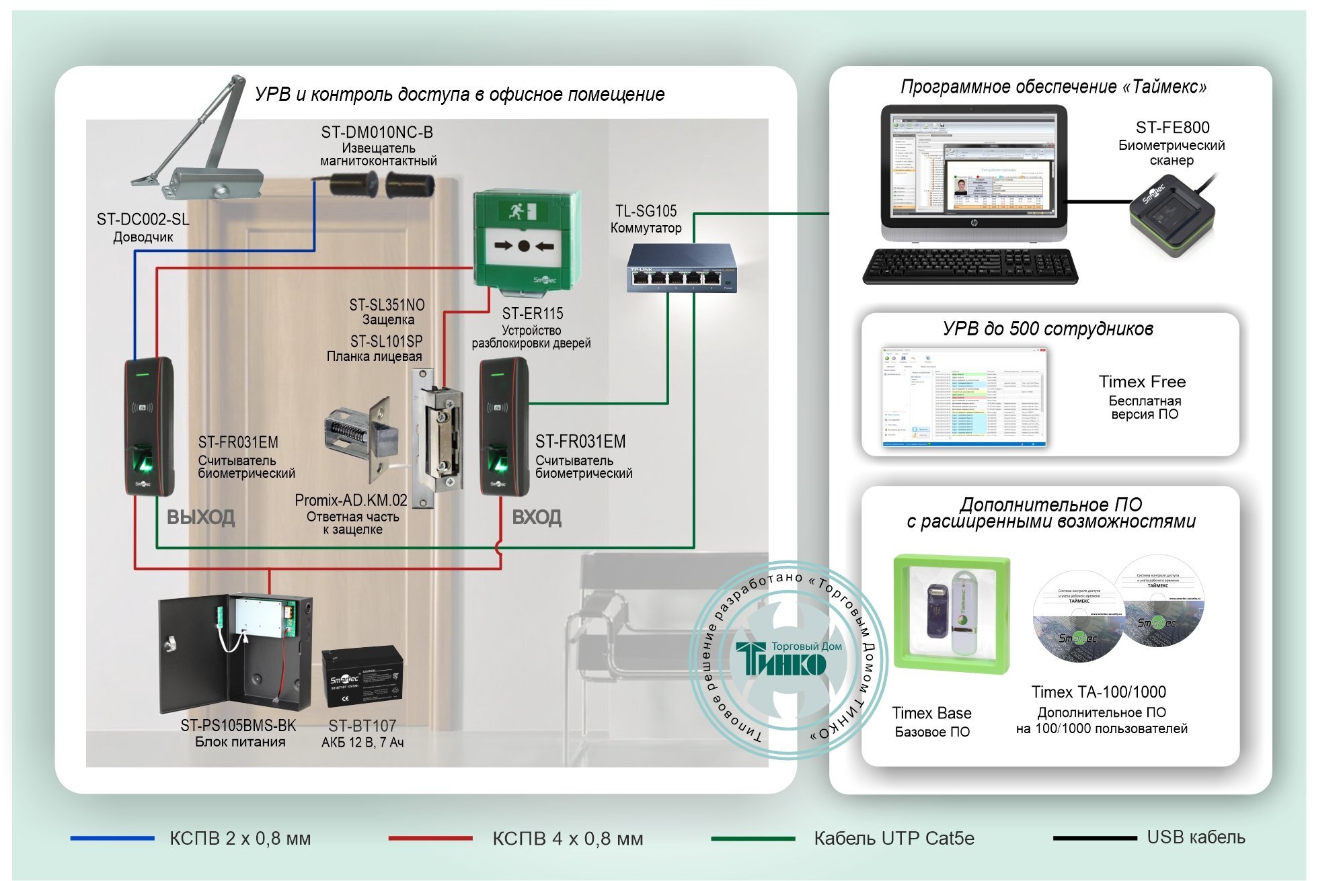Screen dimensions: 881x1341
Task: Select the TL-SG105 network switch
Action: pyautogui.click(x=681, y=269)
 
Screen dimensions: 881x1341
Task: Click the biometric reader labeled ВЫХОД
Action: pyautogui.click(x=149, y=427)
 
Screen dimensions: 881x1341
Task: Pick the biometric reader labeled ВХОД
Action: pyautogui.click(x=504, y=427)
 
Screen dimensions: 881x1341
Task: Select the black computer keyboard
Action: pyautogui.click(x=970, y=266)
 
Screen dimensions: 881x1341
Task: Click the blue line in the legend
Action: pyautogui.click(x=112, y=838)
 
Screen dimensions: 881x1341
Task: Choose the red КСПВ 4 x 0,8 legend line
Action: pyautogui.click(x=430, y=838)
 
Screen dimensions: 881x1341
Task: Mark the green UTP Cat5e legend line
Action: pyautogui.click(x=753, y=838)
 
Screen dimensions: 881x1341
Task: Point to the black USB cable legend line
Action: pyautogui.click(x=1094, y=838)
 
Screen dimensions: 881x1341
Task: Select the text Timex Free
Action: pyautogui.click(x=1142, y=382)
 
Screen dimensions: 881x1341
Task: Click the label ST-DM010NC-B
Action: pyautogui.click(x=377, y=132)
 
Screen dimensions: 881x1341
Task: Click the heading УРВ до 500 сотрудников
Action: pyautogui.click(x=1048, y=329)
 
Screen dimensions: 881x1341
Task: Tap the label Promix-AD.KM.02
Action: pyautogui.click(x=350, y=501)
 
